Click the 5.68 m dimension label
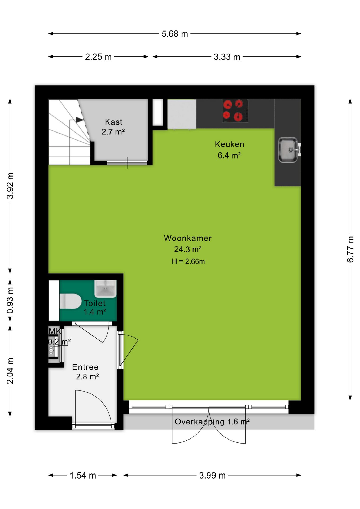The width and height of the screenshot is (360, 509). (x=175, y=34)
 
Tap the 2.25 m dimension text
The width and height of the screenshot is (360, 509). (x=98, y=57)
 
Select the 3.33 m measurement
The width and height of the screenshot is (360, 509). (x=227, y=57)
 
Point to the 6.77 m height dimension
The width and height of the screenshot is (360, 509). (x=350, y=249)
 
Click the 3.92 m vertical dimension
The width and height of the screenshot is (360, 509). (x=10, y=186)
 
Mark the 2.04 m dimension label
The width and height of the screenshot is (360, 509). (x=10, y=371)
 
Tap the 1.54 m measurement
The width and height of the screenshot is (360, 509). (x=83, y=475)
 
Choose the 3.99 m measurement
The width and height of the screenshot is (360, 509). (x=212, y=475)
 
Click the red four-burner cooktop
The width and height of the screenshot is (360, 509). (x=235, y=111)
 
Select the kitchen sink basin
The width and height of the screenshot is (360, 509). (x=288, y=150)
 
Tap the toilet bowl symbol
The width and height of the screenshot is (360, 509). (x=70, y=301)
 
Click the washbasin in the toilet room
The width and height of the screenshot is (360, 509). (x=106, y=288)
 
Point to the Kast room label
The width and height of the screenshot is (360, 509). (x=113, y=122)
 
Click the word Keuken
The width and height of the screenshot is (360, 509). (x=229, y=144)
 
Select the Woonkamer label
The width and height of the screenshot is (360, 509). (x=188, y=238)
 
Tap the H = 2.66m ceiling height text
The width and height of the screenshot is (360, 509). (x=188, y=261)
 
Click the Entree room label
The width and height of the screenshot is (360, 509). (x=85, y=367)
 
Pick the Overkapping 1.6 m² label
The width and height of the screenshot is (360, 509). (x=212, y=422)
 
